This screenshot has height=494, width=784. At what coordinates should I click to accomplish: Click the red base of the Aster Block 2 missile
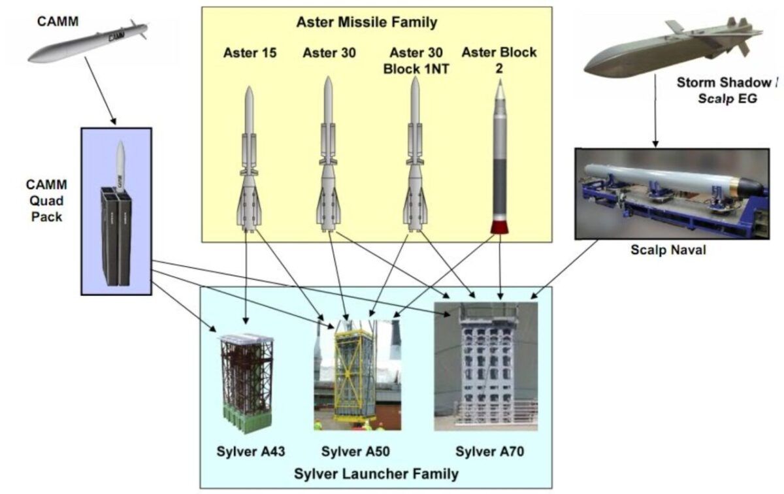click(x=500, y=227)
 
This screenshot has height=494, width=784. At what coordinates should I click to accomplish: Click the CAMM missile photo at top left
click(x=88, y=42)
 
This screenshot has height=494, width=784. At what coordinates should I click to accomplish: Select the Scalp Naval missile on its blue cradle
click(x=673, y=180)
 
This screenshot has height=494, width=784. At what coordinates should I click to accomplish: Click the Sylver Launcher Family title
click(x=376, y=473)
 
